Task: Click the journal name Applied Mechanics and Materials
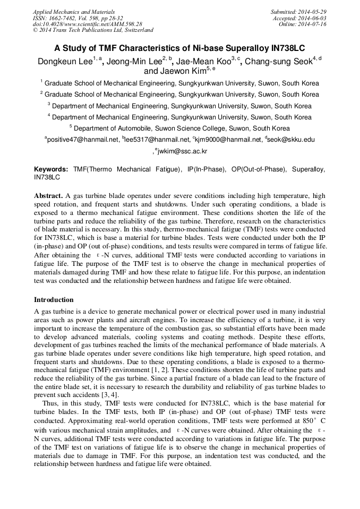pyautogui.click(x=73, y=11)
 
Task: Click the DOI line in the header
pyautogui.click(x=87, y=24)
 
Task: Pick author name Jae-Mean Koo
pyautogui.click(x=202, y=62)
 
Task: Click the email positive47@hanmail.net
pyautogui.click(x=83, y=140)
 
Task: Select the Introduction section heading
pyautogui.click(x=54, y=300)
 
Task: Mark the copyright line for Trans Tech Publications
pyautogui.click(x=93, y=30)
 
